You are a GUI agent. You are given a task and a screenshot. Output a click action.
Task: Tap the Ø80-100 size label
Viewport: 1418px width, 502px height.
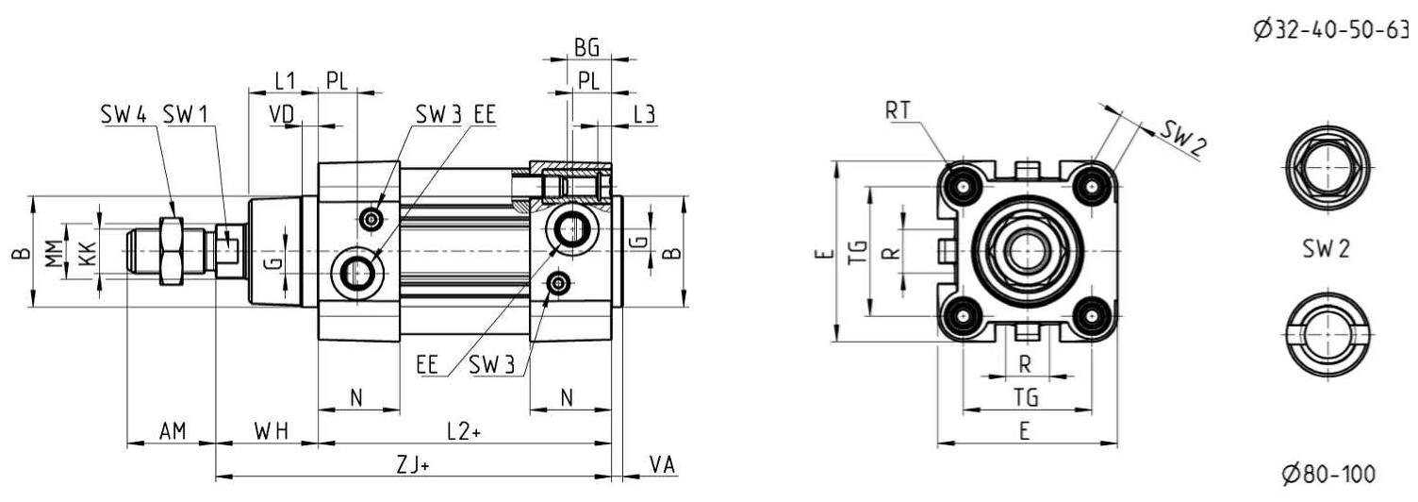1328,474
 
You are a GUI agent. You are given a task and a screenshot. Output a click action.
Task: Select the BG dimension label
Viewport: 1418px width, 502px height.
586,47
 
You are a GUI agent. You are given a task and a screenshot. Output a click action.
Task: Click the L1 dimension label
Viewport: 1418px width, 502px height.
285,80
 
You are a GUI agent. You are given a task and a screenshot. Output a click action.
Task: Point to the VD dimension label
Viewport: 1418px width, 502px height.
282,114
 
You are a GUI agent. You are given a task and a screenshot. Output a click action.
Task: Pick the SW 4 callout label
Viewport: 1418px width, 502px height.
124,115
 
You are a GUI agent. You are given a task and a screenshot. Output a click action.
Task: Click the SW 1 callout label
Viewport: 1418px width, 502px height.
185,115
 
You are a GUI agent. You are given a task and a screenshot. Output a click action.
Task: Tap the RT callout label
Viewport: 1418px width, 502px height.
898,111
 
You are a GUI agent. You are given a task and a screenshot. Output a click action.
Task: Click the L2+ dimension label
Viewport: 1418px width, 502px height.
464,431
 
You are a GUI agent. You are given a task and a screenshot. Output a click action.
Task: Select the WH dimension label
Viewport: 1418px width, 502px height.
271,431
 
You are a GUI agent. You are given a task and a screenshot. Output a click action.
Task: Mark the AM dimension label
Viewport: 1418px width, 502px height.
173,431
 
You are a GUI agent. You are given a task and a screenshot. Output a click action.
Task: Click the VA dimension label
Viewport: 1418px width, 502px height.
663,465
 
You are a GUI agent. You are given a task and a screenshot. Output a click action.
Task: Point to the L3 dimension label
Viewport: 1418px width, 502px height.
645,115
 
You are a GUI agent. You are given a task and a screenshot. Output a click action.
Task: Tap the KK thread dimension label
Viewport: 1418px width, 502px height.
88,253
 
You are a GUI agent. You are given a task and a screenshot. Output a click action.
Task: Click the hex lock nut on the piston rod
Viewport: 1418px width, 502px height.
172,251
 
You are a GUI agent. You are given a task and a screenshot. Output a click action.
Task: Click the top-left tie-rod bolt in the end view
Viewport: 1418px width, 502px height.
963,187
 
